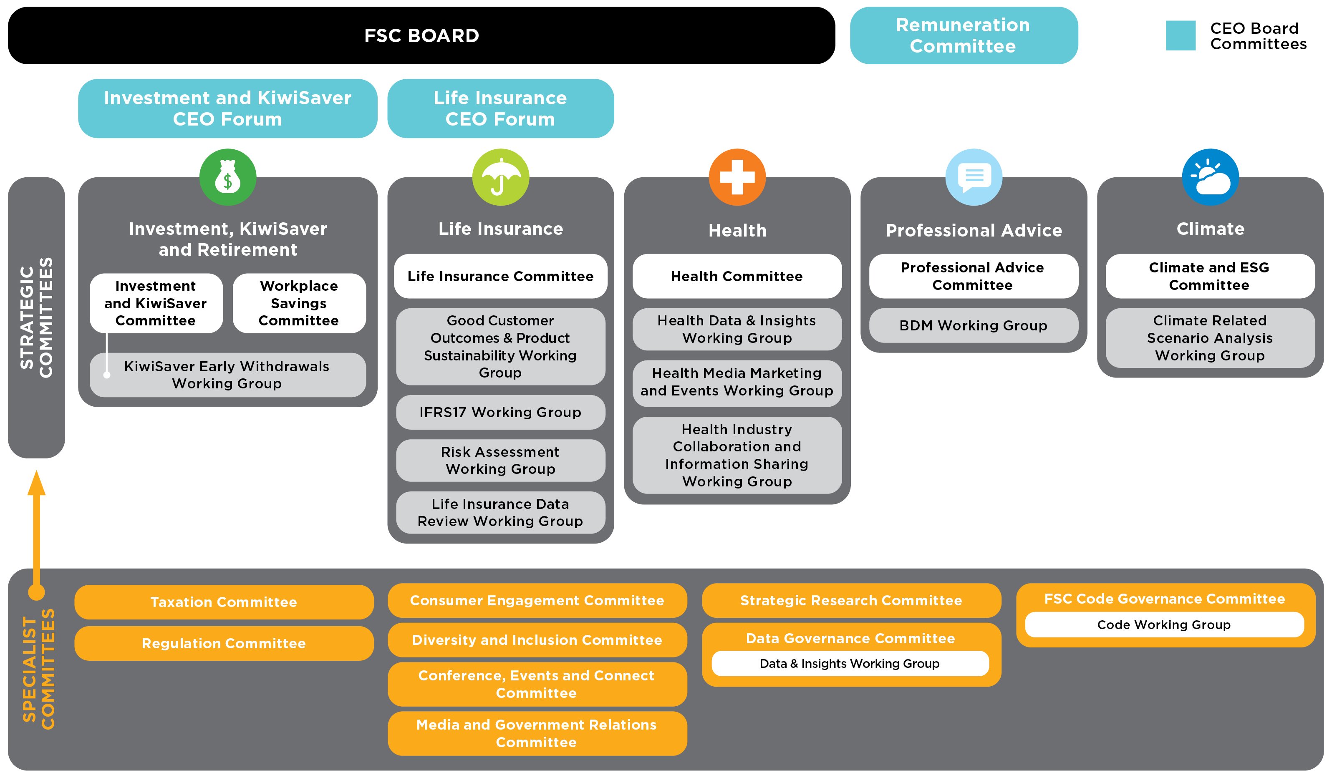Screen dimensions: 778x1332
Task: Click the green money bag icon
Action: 228,177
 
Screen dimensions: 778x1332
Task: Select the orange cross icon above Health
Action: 737,177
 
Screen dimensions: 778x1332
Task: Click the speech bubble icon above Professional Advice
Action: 974,177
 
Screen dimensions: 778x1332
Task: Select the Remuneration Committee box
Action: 963,35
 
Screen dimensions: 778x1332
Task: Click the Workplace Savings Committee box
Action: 299,303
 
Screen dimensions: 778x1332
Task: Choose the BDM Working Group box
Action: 973,325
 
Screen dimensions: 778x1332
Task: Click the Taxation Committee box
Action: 224,602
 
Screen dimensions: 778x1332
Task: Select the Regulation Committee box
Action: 224,643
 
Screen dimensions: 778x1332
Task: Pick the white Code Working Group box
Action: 1164,625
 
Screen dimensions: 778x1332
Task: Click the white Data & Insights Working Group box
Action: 850,663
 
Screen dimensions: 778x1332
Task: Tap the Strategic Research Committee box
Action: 851,600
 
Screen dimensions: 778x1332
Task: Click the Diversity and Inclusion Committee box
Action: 537,640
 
